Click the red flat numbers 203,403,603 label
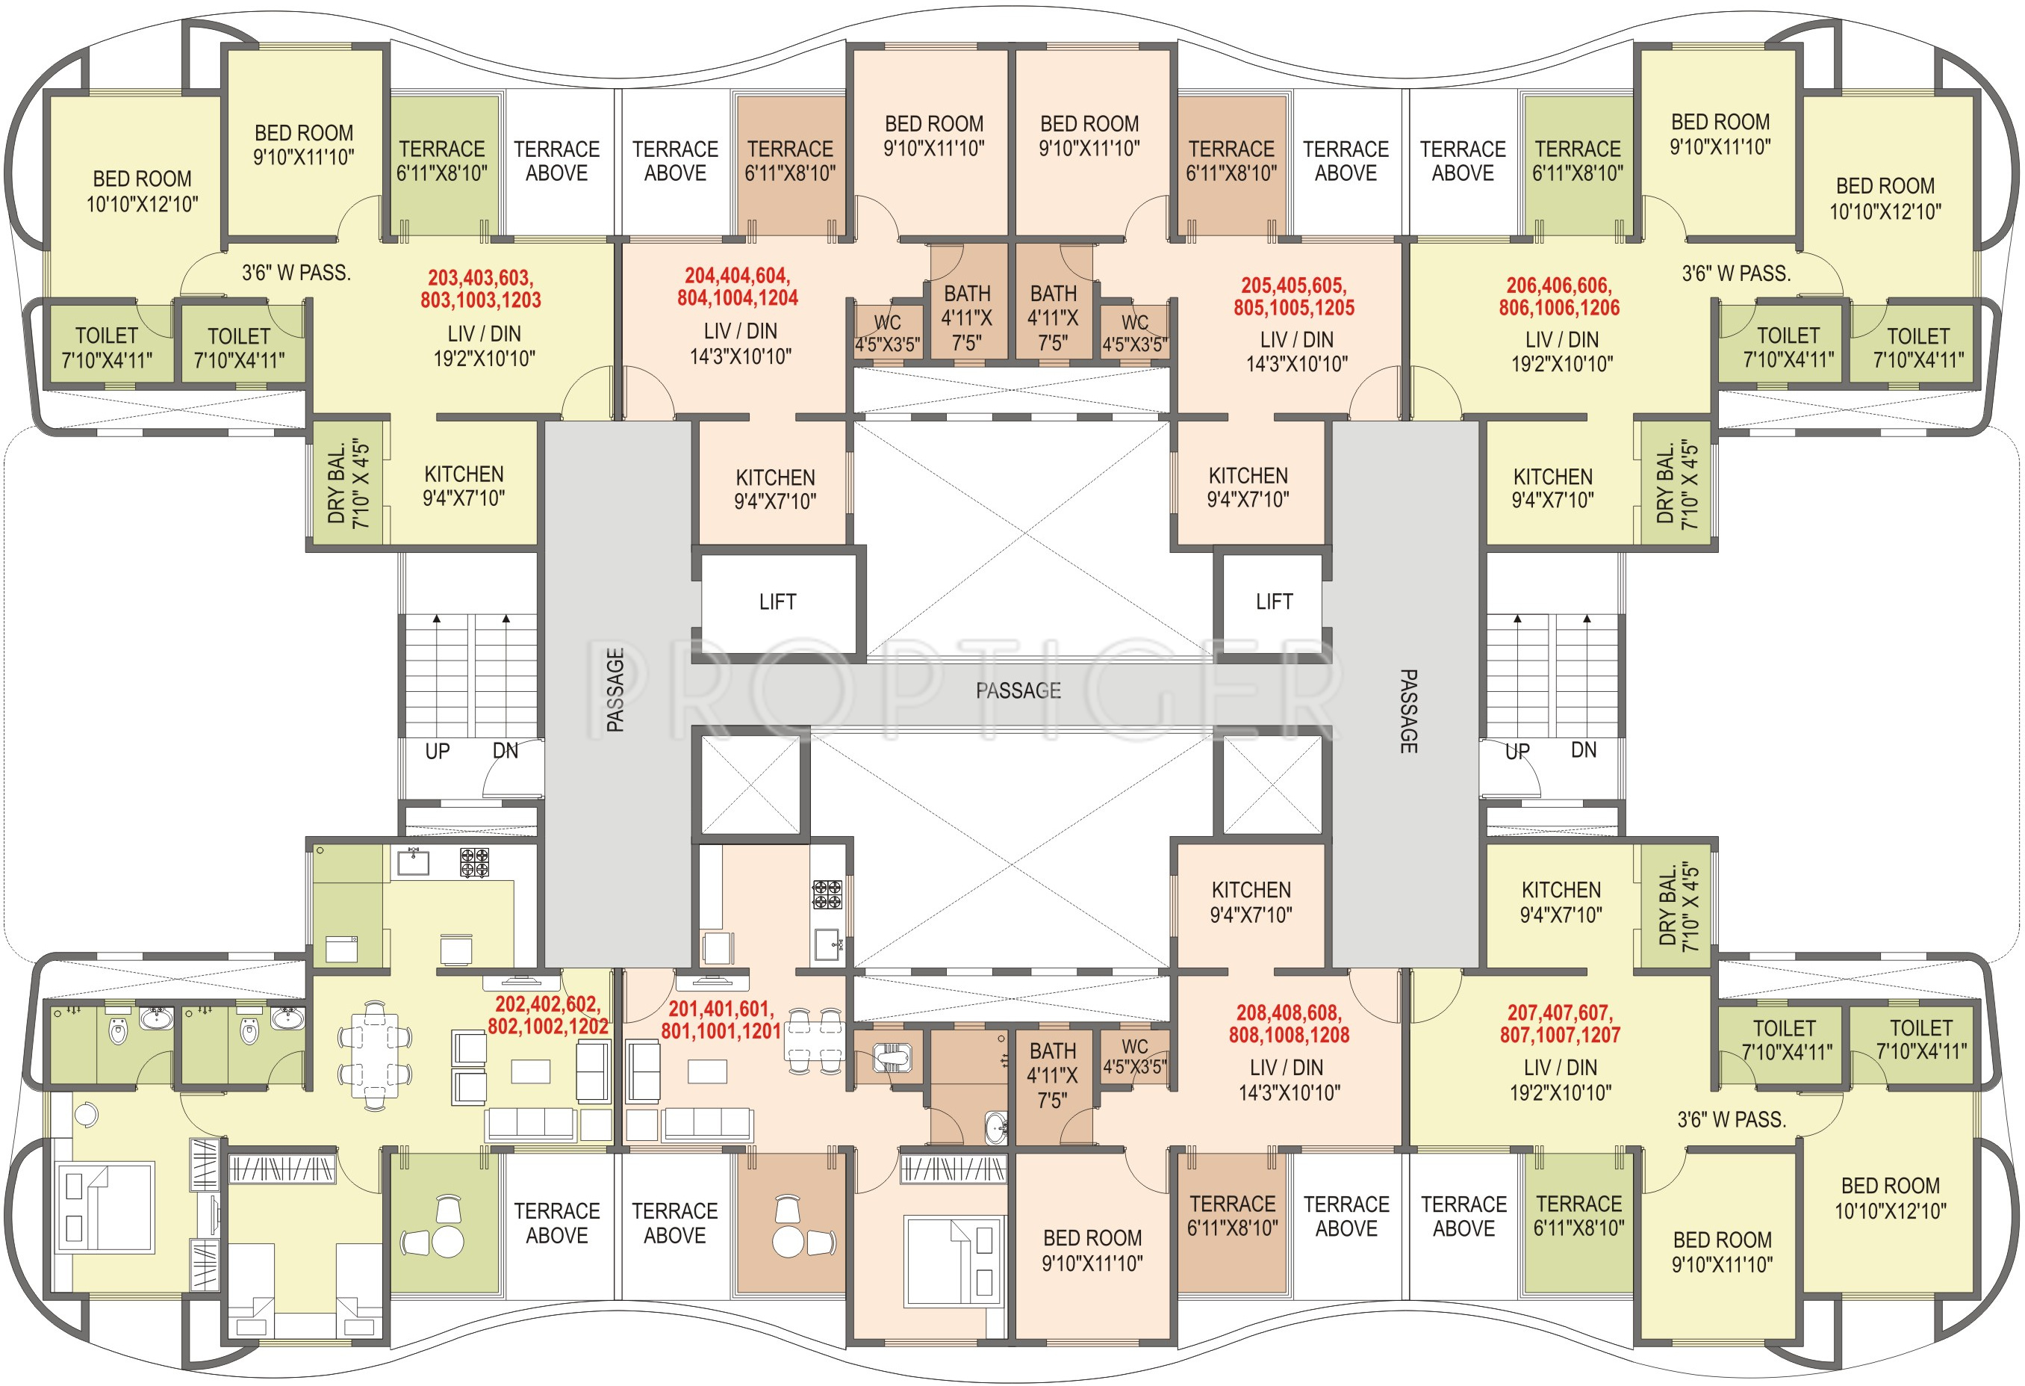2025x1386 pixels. click(x=480, y=288)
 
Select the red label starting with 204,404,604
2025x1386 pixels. click(x=737, y=287)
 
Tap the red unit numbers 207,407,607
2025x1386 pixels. click(x=1560, y=1024)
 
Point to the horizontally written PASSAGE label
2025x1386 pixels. click(x=1018, y=690)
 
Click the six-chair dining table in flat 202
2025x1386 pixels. click(x=375, y=1056)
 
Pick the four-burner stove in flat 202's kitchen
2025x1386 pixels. click(x=474, y=862)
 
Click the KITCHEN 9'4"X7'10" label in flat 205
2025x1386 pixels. click(x=1248, y=487)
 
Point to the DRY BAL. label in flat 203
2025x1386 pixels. click(x=349, y=484)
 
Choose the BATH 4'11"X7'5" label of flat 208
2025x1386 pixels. click(x=1052, y=1074)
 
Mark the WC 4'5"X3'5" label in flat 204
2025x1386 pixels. click(x=887, y=334)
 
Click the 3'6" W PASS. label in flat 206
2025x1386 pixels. click(x=1736, y=273)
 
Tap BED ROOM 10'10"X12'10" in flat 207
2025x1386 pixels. click(x=1890, y=1198)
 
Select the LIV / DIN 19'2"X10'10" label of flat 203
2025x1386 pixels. click(x=485, y=346)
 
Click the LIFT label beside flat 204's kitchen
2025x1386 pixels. click(x=777, y=601)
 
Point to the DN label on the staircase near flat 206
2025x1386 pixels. click(x=1583, y=749)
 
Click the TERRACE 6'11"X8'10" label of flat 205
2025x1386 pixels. click(x=1231, y=161)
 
